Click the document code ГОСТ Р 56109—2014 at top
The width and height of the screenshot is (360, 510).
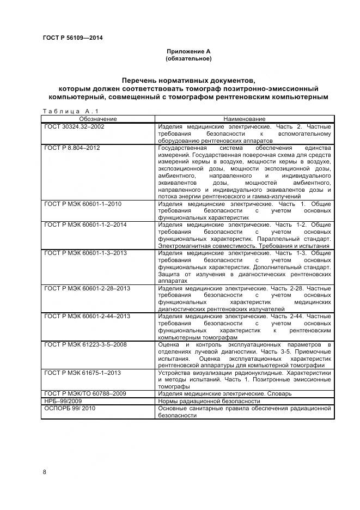[x=72, y=38]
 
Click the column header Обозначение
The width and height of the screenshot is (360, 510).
[x=98, y=119]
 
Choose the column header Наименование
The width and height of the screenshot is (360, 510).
[x=244, y=119]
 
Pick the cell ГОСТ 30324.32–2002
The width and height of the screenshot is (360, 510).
[x=74, y=126]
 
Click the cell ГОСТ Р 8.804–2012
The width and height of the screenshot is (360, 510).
[x=72, y=148]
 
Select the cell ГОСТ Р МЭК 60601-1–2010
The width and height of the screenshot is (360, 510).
[x=82, y=204]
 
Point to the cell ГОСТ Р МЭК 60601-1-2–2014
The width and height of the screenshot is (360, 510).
[x=86, y=224]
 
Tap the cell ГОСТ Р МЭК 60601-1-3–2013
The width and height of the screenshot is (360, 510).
[x=86, y=253]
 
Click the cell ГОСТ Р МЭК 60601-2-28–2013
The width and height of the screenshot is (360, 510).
[x=87, y=288]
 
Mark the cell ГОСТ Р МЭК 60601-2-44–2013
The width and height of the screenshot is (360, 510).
[x=87, y=316]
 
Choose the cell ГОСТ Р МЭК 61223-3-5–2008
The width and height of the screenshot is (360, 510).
[x=86, y=344]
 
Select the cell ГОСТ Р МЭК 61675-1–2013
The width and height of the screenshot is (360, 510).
[x=82, y=373]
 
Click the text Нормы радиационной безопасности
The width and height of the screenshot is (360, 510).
[x=209, y=401]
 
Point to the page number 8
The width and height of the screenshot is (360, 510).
[x=44, y=472]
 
